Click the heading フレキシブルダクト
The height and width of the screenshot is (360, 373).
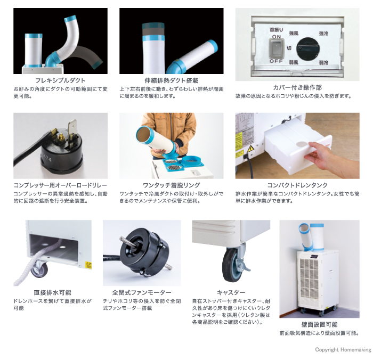coord(60,80)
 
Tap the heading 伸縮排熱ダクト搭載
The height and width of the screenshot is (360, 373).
coord(171,80)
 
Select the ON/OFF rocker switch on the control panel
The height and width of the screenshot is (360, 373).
coord(276,48)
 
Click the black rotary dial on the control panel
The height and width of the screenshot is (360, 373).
coord(308,48)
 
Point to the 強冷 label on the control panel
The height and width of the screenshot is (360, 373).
coord(323,34)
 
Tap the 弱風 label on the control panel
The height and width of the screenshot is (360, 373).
coord(294,62)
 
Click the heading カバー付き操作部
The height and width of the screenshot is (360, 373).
coord(297,87)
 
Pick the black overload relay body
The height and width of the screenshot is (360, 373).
coord(61,153)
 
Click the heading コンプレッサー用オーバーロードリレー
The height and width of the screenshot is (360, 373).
coord(60,185)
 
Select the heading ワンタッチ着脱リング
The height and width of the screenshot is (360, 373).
coord(171,185)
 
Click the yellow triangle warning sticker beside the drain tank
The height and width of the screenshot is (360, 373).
coord(250,149)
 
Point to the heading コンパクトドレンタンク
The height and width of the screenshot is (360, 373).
coord(297,185)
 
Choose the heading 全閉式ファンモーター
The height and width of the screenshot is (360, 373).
coord(142,292)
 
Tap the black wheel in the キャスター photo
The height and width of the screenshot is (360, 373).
coord(230,265)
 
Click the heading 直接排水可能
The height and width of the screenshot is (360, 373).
coord(52,292)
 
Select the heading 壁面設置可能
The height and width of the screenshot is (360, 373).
coord(319,324)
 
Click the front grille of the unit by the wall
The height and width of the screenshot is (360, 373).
coord(309,280)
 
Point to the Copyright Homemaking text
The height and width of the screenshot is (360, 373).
coord(343,349)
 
